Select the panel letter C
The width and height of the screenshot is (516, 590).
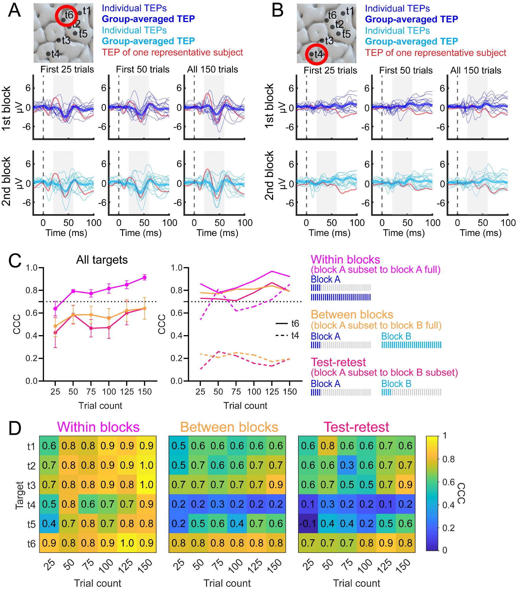[x=15, y=261]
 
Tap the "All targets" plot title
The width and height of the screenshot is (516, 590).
[x=102, y=260]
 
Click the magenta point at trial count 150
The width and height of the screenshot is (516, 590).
[x=145, y=277]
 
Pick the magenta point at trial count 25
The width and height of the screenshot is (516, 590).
[x=55, y=309]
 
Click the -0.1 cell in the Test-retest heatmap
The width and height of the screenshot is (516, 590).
[x=308, y=524]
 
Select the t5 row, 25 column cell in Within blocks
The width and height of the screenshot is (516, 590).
[x=49, y=524]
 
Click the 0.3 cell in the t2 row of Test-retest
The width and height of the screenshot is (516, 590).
[x=347, y=465]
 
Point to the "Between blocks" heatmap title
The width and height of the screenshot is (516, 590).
[x=229, y=427]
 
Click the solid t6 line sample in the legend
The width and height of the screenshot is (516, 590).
[x=282, y=324]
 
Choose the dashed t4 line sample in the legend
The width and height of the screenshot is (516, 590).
[x=282, y=335]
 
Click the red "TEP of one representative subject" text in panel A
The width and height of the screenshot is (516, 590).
[x=172, y=53]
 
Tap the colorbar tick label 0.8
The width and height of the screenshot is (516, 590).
[x=448, y=459]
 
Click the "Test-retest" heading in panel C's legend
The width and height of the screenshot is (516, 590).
[x=338, y=362]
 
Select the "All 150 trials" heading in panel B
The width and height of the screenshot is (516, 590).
[x=476, y=70]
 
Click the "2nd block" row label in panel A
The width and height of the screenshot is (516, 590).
[x=6, y=181]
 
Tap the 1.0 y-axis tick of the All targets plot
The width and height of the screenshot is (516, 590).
[x=31, y=268]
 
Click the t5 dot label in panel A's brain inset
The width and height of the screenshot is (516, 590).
[x=83, y=34]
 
